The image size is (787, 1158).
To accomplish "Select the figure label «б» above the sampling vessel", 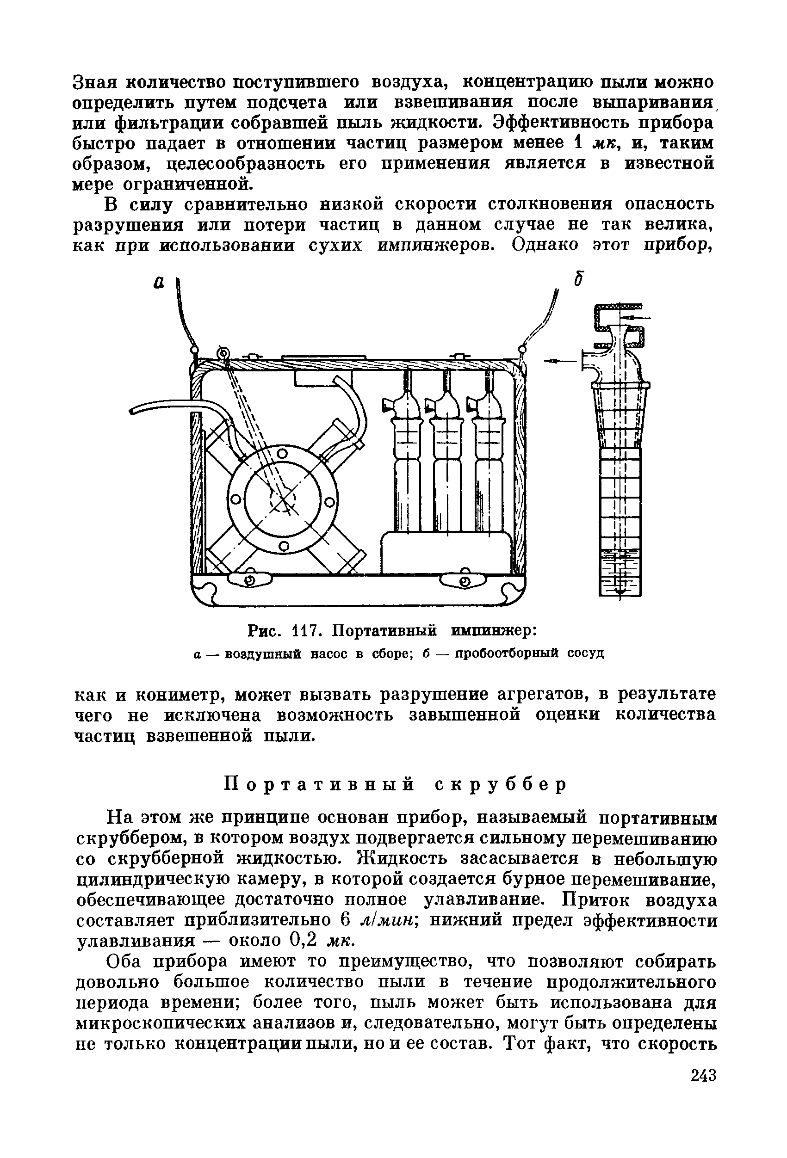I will (x=578, y=279).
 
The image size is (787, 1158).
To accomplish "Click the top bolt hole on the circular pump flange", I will (x=282, y=454).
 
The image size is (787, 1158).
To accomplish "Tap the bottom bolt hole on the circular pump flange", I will (x=284, y=547).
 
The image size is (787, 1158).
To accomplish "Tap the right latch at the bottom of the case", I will (x=464, y=581).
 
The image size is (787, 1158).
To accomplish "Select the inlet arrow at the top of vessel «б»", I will (x=638, y=317).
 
